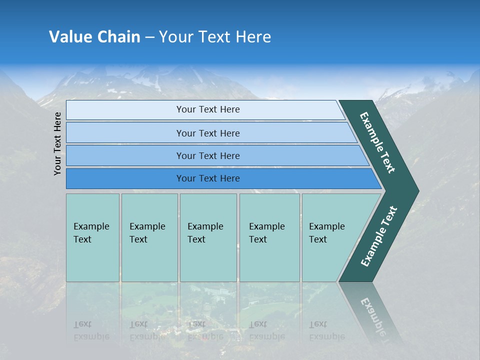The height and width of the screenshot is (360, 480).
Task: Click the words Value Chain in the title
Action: point(94,37)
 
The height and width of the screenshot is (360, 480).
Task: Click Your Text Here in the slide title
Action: point(215,37)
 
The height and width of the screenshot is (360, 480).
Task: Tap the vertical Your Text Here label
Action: point(57,143)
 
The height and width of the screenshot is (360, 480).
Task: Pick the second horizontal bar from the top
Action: point(208,133)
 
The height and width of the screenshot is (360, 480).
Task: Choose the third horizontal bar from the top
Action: point(208,155)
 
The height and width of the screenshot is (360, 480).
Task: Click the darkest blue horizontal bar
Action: point(208,178)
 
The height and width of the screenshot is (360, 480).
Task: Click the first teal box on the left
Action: point(92,237)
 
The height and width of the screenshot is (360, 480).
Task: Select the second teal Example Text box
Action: point(149,237)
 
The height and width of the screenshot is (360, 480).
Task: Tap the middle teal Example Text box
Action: point(208,237)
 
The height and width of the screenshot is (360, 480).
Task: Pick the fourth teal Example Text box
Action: point(269,237)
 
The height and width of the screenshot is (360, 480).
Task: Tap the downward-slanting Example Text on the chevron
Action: point(377,142)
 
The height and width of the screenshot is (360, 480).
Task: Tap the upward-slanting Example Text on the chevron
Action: point(379,236)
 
